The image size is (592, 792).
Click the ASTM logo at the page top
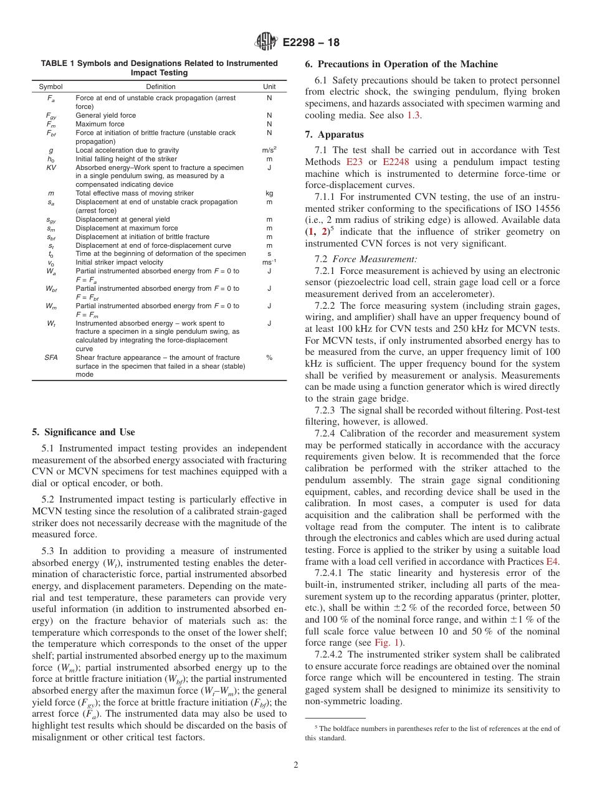click(267, 43)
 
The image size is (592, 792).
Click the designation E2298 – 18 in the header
click(311, 43)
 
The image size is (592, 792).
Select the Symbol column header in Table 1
click(50, 87)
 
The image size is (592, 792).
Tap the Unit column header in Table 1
click(269, 87)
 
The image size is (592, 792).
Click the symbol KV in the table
click(51, 167)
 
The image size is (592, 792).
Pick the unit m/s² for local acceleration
click(269, 149)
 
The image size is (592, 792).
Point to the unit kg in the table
click(269, 194)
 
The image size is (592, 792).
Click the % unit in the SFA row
click(269, 357)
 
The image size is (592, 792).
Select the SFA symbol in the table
click(51, 357)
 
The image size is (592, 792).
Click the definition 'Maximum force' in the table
click(100, 124)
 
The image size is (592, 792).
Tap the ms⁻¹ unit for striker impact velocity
click(269, 262)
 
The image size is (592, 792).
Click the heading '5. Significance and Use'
click(83, 432)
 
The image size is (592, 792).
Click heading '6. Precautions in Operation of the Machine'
click(401, 64)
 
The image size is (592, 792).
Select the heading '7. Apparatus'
click(334, 134)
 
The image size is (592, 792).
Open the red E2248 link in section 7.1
click(395, 162)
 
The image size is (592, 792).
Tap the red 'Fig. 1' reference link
click(386, 643)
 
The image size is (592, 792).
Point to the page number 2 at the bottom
click(296, 765)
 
